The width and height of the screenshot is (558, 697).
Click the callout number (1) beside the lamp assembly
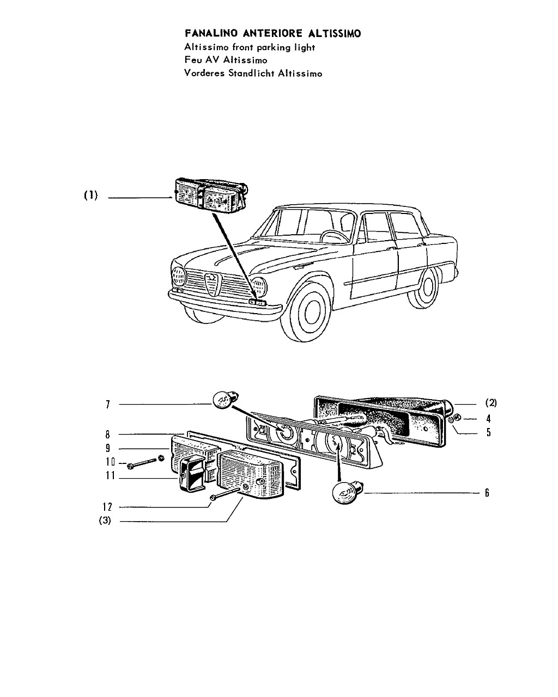point(91,195)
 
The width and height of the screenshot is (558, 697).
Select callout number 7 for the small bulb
point(108,404)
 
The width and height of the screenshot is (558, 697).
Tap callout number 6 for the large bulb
point(487,493)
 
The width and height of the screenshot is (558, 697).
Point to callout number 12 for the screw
point(107,506)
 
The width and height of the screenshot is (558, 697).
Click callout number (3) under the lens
point(105,521)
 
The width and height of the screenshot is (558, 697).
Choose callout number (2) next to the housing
point(491,403)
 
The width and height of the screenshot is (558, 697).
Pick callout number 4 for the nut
point(488,419)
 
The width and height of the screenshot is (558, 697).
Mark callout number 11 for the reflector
point(110,475)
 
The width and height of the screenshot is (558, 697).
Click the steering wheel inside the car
point(334,236)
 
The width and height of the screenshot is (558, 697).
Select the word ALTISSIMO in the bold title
point(334,33)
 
